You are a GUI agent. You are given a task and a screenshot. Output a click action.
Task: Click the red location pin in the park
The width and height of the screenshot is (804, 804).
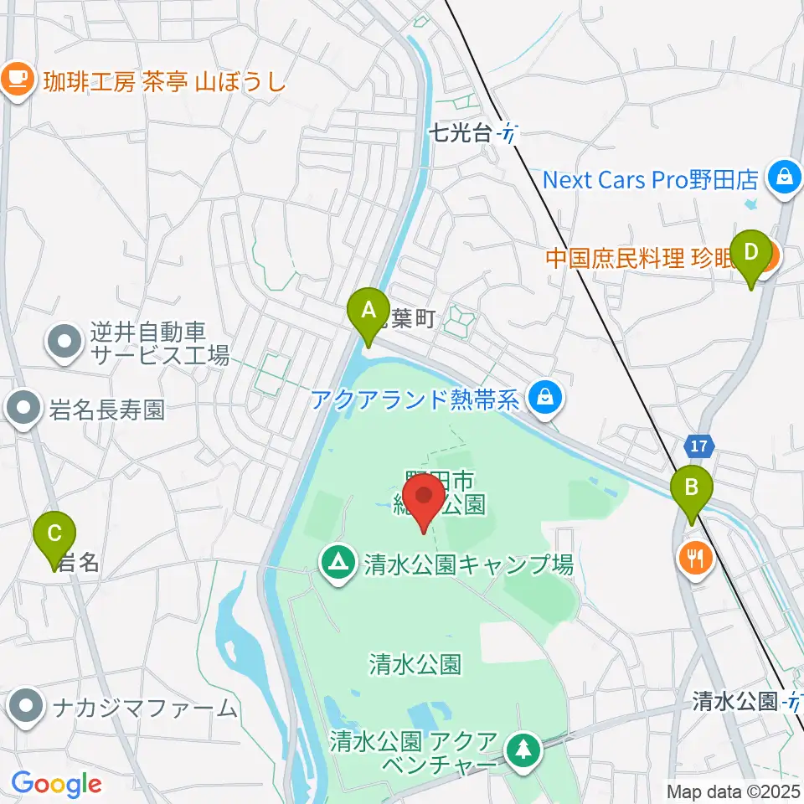tap(425, 502)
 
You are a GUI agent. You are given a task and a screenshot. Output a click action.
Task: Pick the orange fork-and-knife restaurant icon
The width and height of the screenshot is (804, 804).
tap(696, 557)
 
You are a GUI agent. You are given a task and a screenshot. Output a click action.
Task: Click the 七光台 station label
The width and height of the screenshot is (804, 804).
tap(459, 131)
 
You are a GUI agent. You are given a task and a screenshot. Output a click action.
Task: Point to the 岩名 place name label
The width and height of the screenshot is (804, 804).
tap(79, 563)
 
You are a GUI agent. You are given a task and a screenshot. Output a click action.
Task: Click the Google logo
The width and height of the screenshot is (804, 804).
tap(56, 784)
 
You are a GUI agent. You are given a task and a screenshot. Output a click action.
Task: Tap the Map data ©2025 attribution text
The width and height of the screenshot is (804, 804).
tap(733, 791)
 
